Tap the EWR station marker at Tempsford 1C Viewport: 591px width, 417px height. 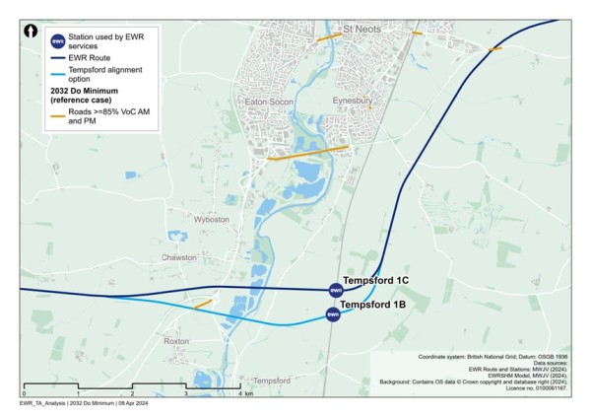pos(334,290)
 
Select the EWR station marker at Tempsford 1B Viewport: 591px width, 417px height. pos(333,314)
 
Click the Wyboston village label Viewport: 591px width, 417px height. pos(211,218)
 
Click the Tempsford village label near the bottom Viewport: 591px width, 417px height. pos(272,381)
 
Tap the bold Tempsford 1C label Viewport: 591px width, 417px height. pos(374,281)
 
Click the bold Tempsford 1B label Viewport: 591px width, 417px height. pos(372,306)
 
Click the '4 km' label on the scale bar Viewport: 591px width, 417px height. pos(243,393)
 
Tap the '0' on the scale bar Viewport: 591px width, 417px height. pos(23,393)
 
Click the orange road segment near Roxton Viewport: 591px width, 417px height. pos(203,305)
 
